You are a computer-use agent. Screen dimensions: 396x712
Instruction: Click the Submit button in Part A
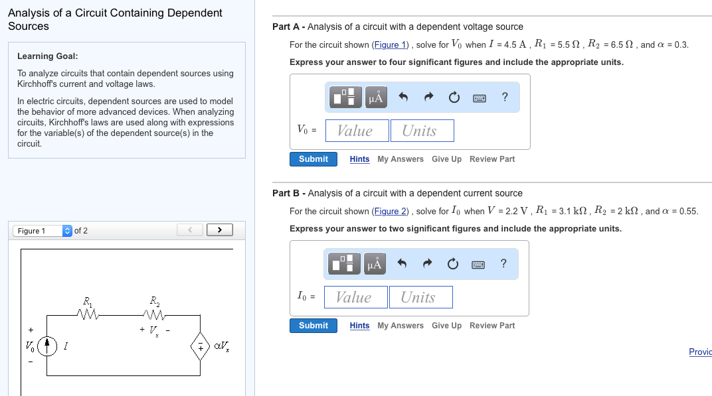coord(313,159)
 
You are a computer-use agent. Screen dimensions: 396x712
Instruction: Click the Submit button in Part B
coord(313,326)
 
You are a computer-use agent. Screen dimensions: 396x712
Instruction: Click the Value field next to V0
coord(355,131)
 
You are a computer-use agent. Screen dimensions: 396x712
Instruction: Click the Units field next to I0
coord(420,297)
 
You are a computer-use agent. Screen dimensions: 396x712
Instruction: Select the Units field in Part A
coord(422,131)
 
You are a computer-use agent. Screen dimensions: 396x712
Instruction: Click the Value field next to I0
coord(355,297)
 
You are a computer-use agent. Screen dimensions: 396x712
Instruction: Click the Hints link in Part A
coord(359,159)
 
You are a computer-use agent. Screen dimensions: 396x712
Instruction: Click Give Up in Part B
coord(446,326)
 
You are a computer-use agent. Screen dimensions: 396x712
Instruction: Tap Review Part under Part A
coord(491,159)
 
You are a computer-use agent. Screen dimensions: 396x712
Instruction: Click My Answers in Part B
coord(400,326)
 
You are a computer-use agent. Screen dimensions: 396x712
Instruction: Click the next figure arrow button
coord(219,230)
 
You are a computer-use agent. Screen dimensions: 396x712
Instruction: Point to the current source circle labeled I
coord(46,346)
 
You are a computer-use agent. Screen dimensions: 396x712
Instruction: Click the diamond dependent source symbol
coord(200,346)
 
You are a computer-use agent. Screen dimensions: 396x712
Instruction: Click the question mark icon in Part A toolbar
coord(505,98)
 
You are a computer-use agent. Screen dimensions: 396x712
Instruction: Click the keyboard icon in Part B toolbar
coord(478,265)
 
